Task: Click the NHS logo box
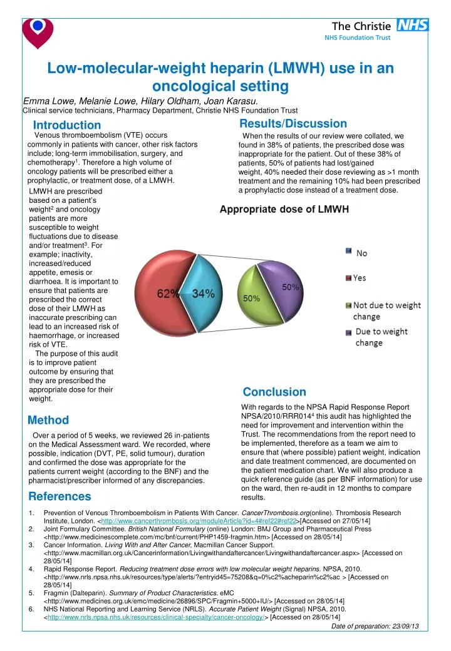tap(413, 24)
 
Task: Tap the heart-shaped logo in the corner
tap(38, 31)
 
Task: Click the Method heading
tap(49, 420)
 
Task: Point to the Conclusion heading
tap(274, 392)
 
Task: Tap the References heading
tap(60, 496)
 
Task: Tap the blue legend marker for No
tap(348, 251)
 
